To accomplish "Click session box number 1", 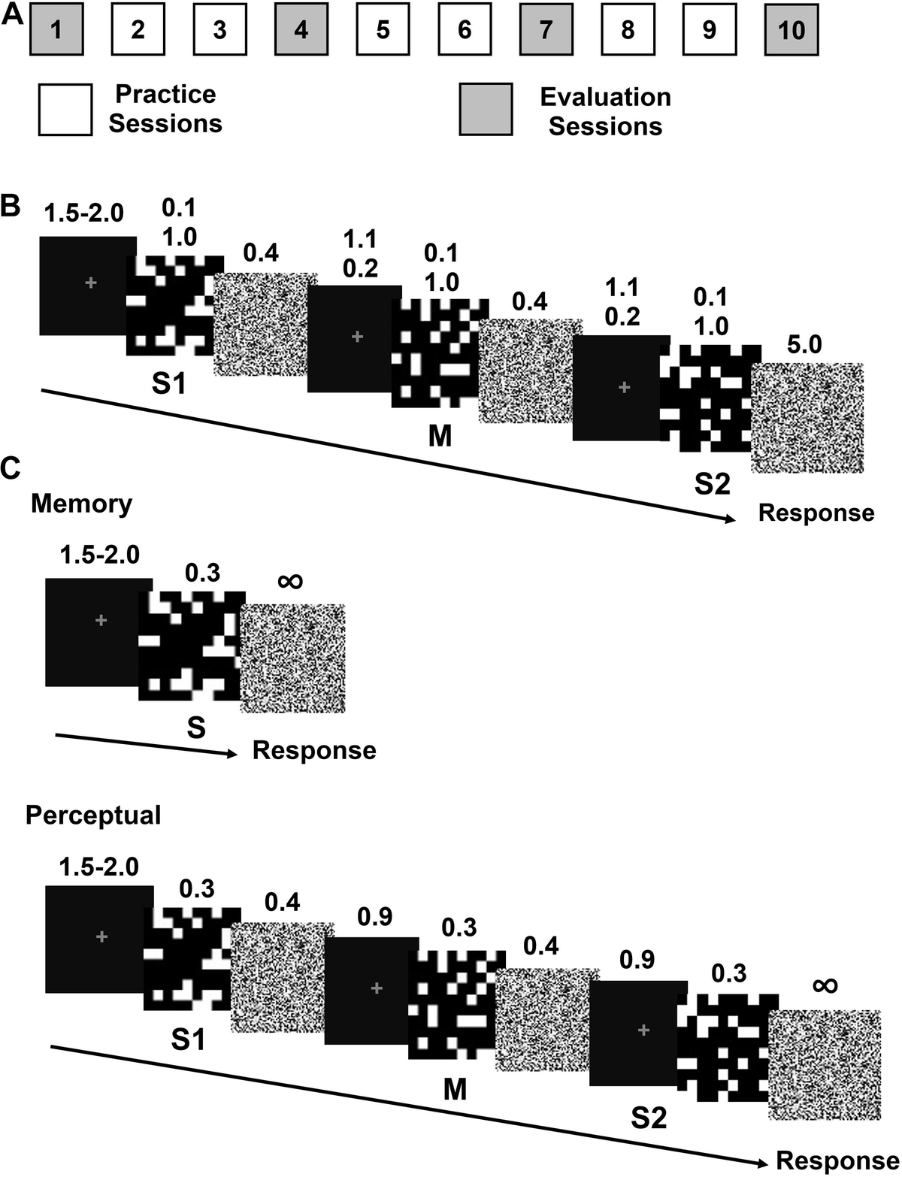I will coord(56,31).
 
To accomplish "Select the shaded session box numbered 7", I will coord(546,31).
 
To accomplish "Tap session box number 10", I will coord(792,31).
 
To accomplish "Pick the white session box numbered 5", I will coord(383,31).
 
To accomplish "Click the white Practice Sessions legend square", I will coord(65,109).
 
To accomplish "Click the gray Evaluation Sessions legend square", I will coord(486,109).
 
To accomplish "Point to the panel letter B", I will coord(11,205).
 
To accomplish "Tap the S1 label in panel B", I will coord(168,384).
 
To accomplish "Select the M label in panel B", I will coord(440,434).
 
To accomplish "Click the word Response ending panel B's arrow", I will coord(816,513).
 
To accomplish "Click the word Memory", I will coord(81,504).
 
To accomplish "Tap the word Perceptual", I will coord(93,815).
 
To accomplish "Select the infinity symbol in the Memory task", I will coord(291,580).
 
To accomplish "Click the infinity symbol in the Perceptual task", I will coord(825,985).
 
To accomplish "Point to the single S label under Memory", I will coord(195,728).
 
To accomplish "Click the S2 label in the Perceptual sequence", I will coord(649,1118).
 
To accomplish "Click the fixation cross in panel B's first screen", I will coord(90,283).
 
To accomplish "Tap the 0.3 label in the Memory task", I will coord(203,573).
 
